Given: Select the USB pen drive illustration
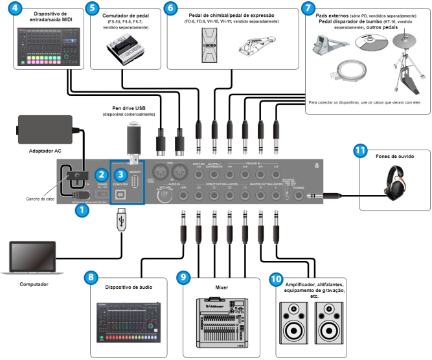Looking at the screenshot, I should point(133,139).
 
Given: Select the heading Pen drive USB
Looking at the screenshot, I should point(128,108).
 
